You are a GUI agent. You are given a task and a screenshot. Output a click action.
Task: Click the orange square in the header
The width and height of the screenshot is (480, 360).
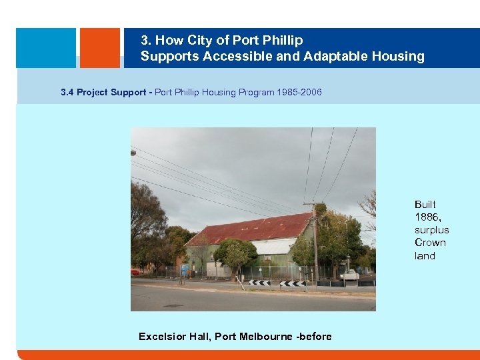tap(100, 47)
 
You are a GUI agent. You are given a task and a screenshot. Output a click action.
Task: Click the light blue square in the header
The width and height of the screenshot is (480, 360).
tap(46, 47)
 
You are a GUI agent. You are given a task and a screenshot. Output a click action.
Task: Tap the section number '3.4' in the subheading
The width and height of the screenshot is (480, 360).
tap(67, 92)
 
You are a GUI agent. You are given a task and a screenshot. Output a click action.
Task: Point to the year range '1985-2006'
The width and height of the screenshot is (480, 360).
tap(298, 92)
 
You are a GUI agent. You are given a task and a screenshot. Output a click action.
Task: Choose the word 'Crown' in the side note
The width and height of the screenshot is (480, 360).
tap(430, 243)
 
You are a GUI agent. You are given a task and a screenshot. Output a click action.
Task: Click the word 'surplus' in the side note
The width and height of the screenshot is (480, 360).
tap(431, 230)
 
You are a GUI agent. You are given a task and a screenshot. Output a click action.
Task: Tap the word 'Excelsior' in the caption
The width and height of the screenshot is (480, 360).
tap(163, 337)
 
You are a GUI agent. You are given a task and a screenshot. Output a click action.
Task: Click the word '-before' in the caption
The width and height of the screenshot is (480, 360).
tap(313, 337)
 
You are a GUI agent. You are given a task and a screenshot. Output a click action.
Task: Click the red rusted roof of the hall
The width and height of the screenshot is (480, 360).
tap(253, 229)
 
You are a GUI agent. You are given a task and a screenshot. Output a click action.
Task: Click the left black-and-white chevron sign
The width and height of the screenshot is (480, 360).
tap(259, 283)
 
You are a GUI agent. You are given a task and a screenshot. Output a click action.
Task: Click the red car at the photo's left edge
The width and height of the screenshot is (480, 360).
tap(135, 272)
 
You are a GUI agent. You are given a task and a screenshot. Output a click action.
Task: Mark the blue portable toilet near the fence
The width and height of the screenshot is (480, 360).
tap(185, 269)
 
